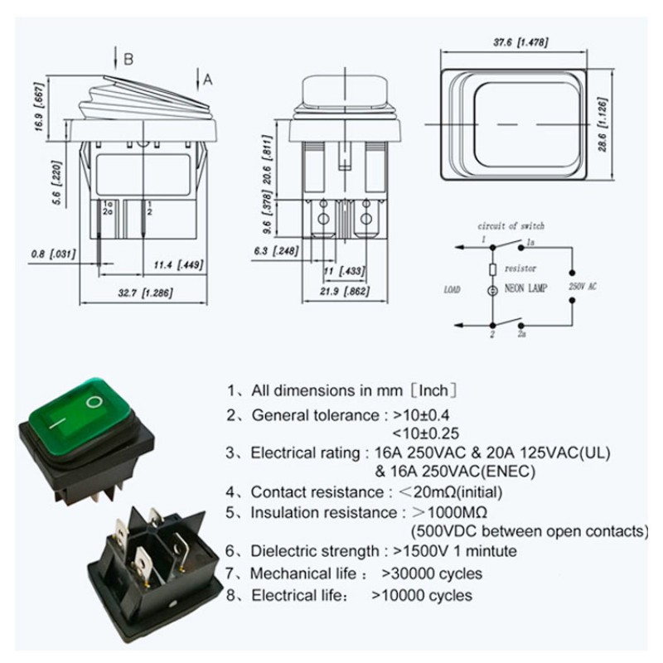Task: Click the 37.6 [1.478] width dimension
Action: pos(520,43)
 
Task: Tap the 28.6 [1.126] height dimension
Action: pos(603,125)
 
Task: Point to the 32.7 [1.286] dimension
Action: pos(145,293)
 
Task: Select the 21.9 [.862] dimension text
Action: pos(344,291)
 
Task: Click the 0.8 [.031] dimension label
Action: pos(53,254)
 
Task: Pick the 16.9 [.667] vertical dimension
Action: pos(39,108)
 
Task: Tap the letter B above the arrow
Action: pos(128,59)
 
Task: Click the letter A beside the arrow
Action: pos(208,79)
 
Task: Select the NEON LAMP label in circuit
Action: pos(525,288)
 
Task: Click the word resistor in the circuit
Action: pos(520,269)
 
